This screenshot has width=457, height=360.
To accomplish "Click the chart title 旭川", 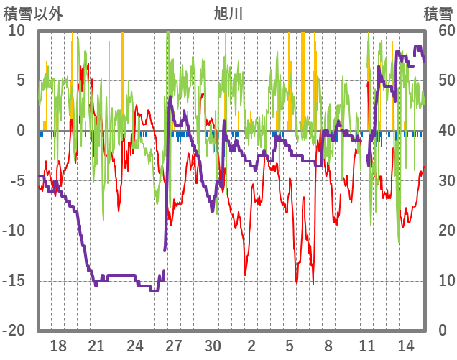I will [228, 13].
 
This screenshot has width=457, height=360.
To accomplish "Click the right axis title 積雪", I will [437, 13].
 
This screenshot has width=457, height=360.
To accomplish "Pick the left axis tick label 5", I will [21, 80].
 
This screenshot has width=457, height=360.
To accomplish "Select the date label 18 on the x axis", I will [58, 346].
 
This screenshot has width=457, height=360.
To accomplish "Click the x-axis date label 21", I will [97, 346].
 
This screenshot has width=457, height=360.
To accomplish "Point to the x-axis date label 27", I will [174, 346].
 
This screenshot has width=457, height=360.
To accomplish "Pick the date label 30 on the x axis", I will [213, 346].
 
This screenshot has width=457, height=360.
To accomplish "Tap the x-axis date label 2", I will [251, 346].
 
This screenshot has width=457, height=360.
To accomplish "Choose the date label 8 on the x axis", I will [328, 346].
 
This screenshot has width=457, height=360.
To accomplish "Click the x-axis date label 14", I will [405, 346].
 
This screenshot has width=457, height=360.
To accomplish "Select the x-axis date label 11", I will [366, 346].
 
